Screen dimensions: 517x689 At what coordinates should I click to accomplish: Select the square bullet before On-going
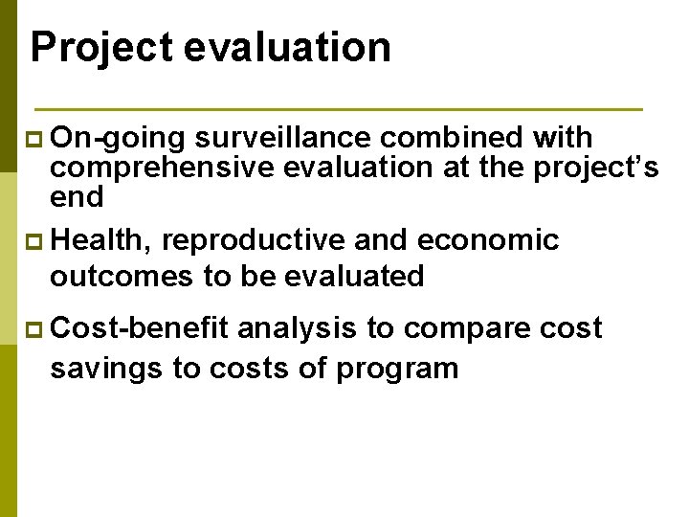pyautogui.click(x=37, y=140)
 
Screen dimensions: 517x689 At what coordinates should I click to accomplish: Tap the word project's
pyautogui.click(x=596, y=168)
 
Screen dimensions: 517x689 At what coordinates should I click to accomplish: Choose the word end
pyautogui.click(x=77, y=196)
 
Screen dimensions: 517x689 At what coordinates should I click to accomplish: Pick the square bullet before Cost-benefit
pyautogui.click(x=37, y=329)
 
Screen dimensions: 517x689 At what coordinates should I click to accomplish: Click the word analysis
pyautogui.click(x=297, y=328)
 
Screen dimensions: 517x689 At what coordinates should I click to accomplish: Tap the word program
pyautogui.click(x=396, y=369)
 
